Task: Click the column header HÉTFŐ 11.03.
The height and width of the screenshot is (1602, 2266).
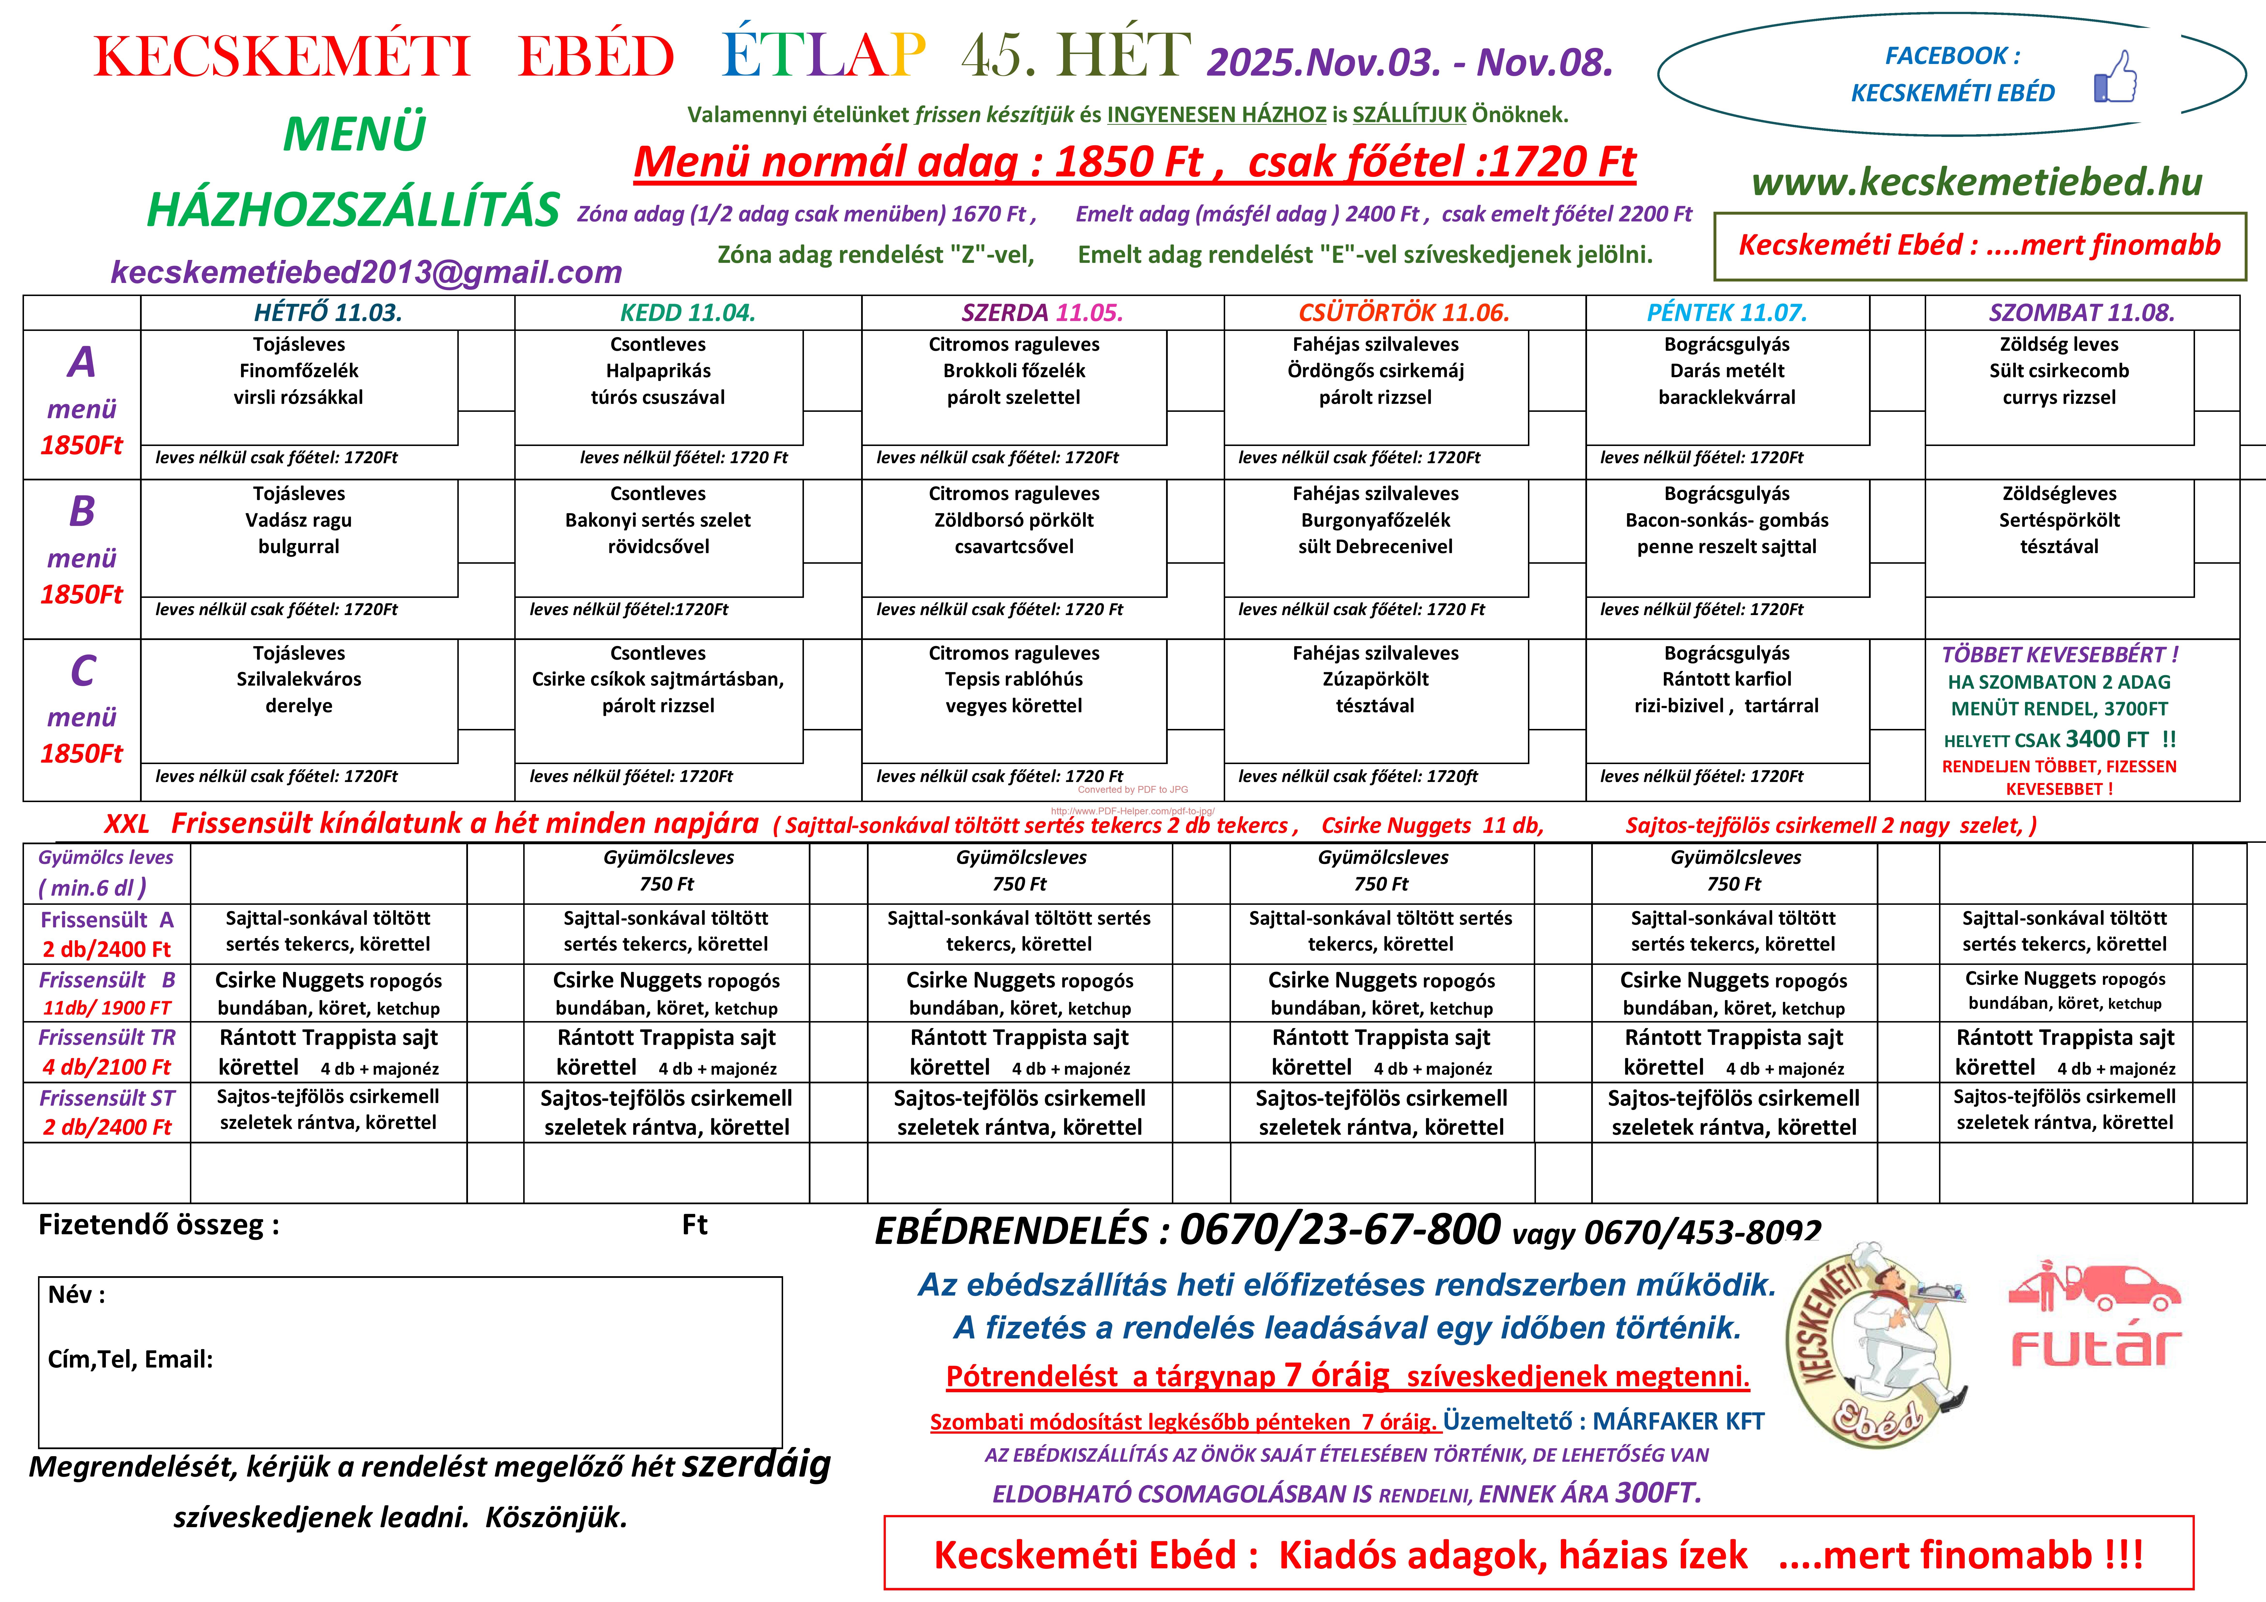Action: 328,313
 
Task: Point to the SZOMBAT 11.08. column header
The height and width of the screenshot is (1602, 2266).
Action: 2081,313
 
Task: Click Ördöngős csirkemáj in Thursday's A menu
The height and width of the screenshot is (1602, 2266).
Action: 1375,371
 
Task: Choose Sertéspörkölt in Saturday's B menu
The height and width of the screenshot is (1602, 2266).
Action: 2059,520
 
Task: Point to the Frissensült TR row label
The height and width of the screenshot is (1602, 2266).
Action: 107,1037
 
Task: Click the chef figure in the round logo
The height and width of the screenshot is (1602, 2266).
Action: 1885,1328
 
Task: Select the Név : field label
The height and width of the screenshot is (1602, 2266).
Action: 77,1295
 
